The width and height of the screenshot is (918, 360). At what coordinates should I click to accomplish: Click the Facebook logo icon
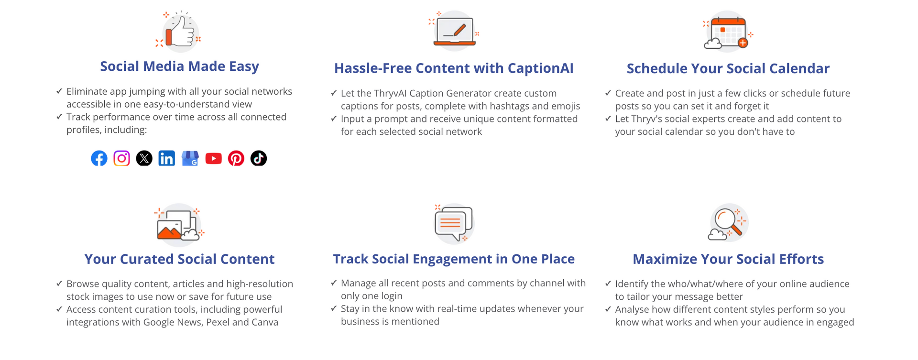pos(99,158)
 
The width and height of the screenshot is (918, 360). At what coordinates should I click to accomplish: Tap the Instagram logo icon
pos(121,158)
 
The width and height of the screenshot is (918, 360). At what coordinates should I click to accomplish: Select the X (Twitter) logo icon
pos(144,158)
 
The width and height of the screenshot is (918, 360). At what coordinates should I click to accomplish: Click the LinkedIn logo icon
pos(166,158)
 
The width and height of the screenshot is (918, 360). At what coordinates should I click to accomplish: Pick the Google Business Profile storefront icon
pos(190,158)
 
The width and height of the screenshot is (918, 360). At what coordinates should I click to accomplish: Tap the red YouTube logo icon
pos(213,158)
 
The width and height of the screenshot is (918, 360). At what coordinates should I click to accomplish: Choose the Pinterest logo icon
pos(236,158)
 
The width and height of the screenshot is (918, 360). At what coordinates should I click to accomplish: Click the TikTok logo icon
pos(259,158)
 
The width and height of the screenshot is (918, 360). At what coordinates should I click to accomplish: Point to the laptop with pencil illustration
pos(454,31)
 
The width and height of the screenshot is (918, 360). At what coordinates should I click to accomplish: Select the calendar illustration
pos(728,32)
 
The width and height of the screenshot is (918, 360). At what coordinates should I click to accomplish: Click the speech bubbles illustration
pos(454,223)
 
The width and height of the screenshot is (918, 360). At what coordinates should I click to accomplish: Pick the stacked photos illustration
pos(179,224)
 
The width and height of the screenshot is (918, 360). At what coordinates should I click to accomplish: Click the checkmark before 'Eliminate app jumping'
pos(59,91)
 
